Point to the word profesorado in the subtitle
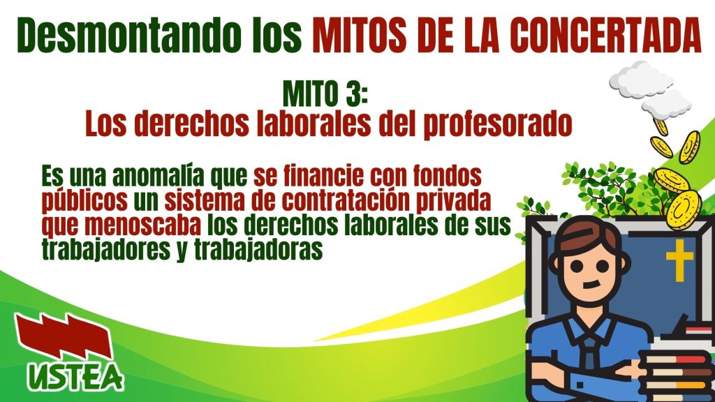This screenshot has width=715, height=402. coord(497,124)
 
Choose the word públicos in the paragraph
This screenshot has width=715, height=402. coord(84,200)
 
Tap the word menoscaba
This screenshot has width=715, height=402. coord(143,225)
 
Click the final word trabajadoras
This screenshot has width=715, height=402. coord(258,249)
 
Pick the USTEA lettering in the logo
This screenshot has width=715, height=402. coord(75,376)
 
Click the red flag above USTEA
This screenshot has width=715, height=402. coord(64,336)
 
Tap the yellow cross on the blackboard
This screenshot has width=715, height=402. coord(679,260)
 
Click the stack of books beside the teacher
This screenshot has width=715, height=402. coord(677,374)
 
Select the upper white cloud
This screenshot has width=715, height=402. coord(642,80)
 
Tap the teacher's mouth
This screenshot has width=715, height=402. coord(591,285)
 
